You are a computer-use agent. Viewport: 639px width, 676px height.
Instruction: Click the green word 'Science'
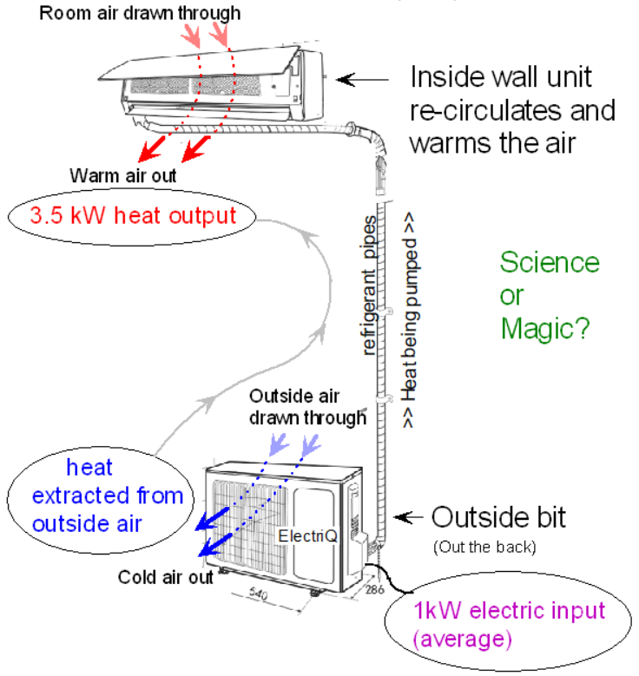[550, 263]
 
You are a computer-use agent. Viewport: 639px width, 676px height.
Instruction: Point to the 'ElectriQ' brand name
[301, 535]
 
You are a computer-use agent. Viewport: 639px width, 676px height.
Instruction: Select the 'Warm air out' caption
[124, 175]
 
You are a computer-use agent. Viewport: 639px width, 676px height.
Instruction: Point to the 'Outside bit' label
[498, 518]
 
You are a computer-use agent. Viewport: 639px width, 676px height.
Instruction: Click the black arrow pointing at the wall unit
[359, 79]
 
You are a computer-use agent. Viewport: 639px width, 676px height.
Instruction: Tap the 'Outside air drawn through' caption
[307, 406]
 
